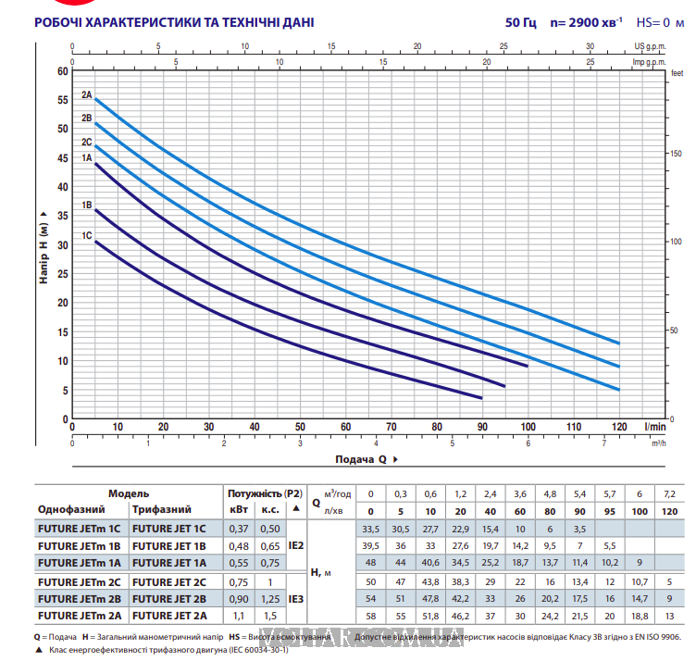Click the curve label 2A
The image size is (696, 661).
[x=86, y=94]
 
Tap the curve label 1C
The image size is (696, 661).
[x=86, y=235]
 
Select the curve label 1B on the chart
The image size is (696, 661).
[x=86, y=205]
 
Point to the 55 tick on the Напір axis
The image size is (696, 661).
[x=63, y=100]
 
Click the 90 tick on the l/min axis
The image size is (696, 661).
[x=482, y=427]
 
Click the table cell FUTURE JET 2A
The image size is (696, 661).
[x=169, y=616]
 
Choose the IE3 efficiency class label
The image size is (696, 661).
[x=296, y=598]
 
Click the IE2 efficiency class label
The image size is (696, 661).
[x=296, y=545]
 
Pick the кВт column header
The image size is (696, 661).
[x=238, y=509]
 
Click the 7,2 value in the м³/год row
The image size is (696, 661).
[x=670, y=493]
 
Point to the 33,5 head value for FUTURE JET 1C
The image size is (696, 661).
[x=372, y=528]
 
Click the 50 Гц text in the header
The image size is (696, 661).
[x=521, y=22]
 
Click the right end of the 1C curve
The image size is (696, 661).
[x=481, y=398]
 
